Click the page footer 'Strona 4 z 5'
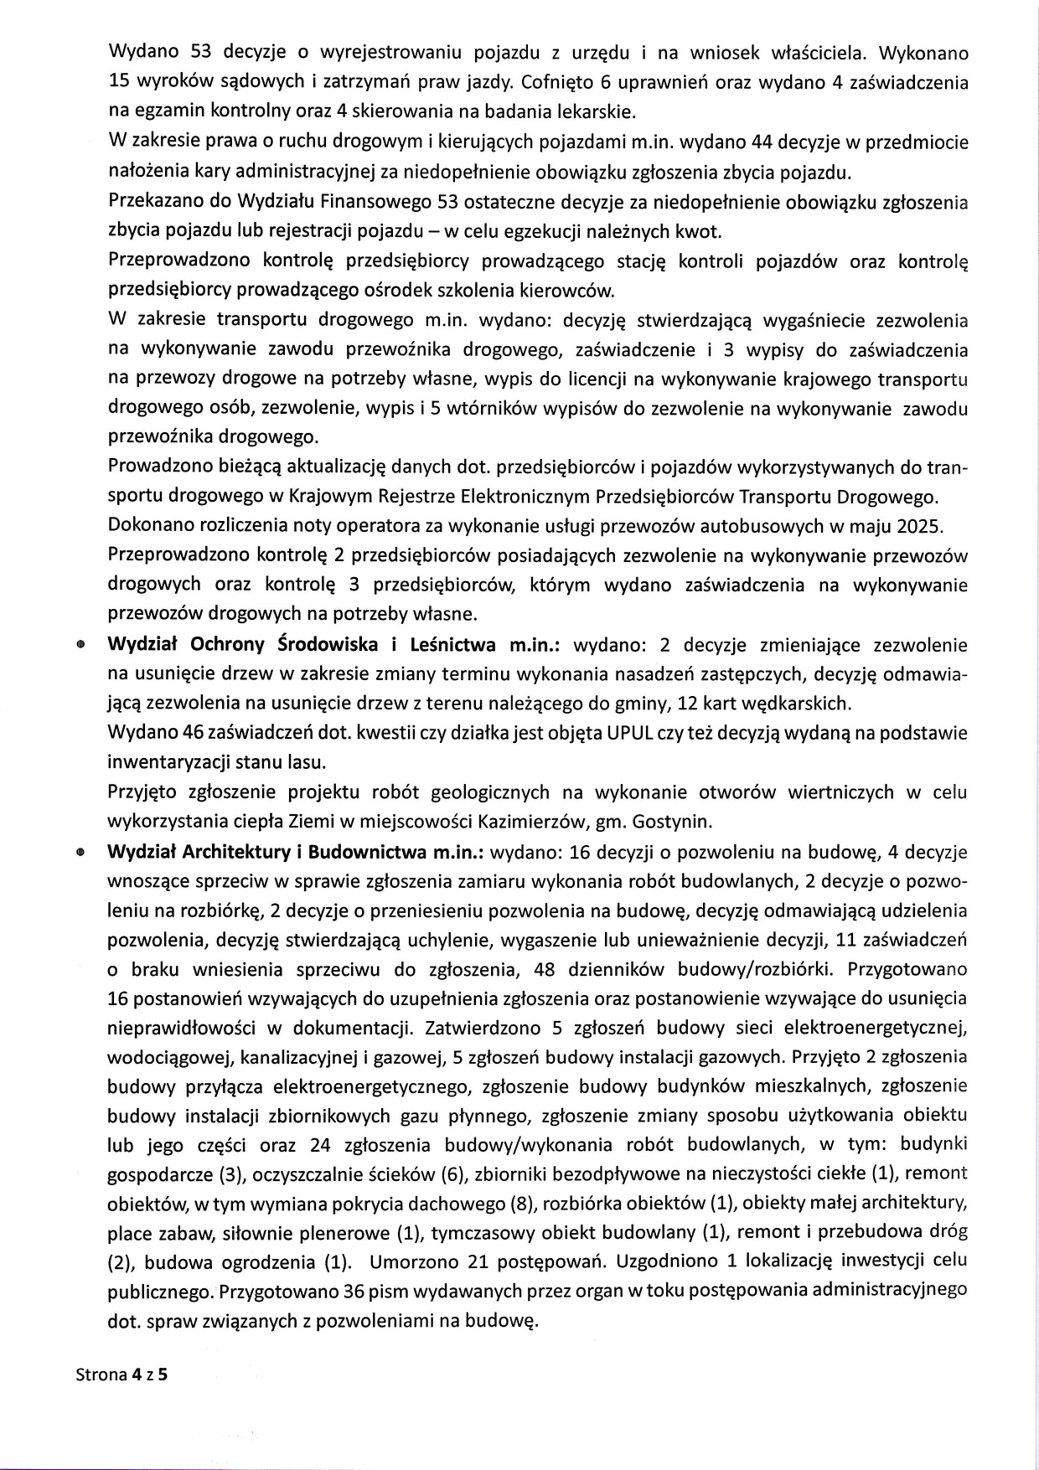pyautogui.click(x=121, y=1375)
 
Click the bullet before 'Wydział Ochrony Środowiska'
pyautogui.click(x=80, y=646)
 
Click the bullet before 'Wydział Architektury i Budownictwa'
pyautogui.click(x=80, y=853)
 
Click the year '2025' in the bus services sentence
pyautogui.click(x=921, y=527)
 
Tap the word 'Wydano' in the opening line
pyautogui.click(x=143, y=54)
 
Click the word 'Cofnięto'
pyautogui.click(x=552, y=83)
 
